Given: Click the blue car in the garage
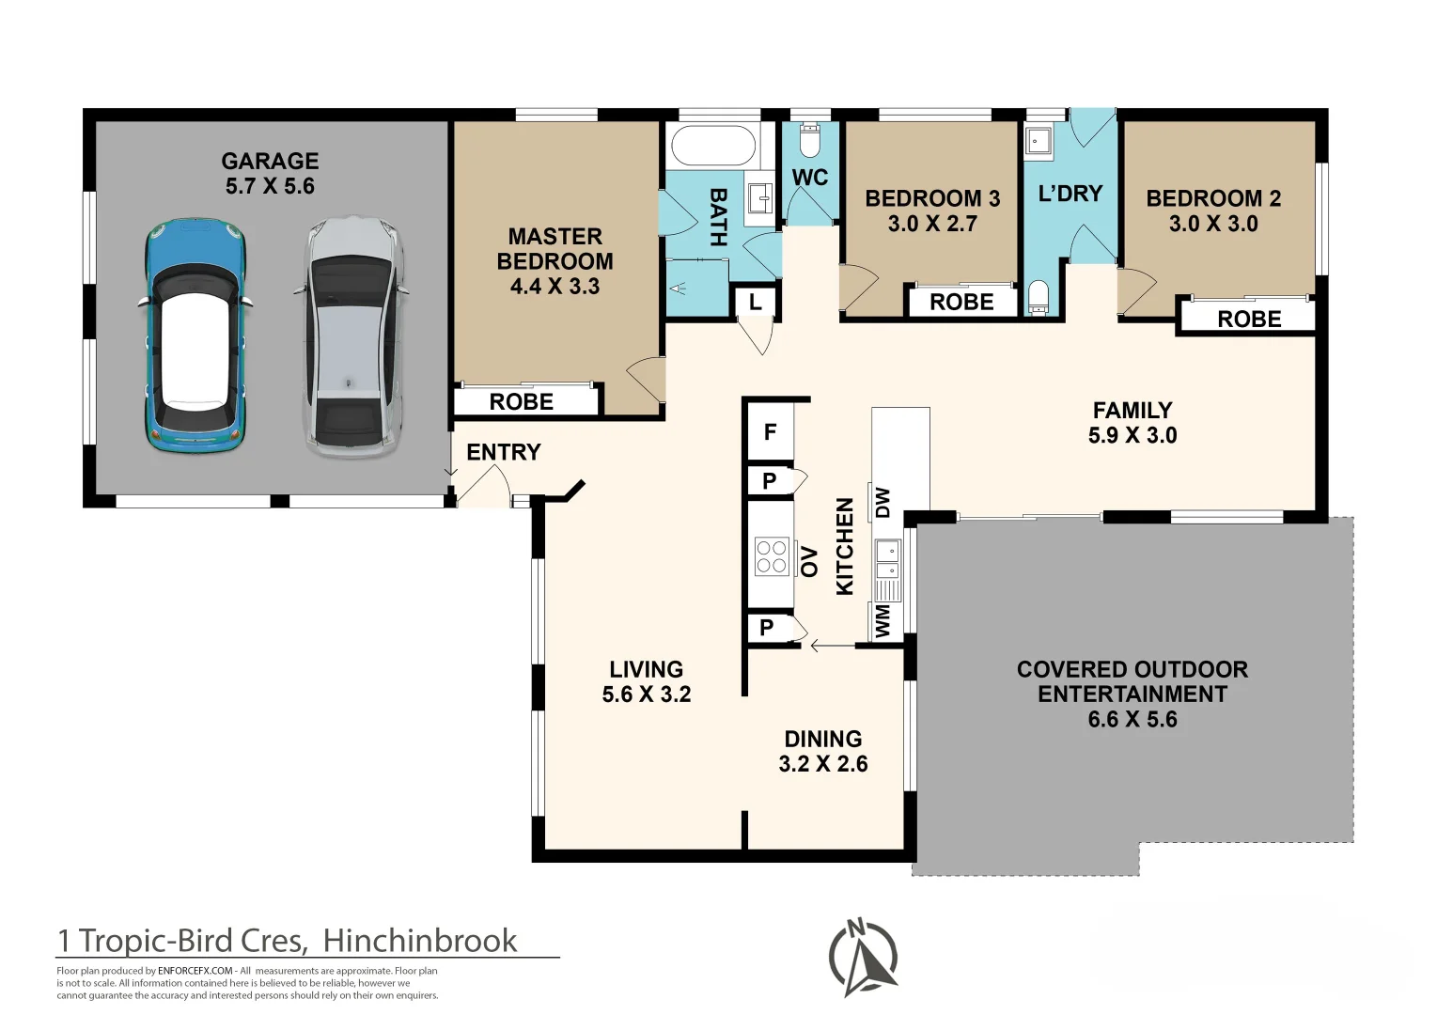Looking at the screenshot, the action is point(194,336).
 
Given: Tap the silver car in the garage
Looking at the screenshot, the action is point(351,336).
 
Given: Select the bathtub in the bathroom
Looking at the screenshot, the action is point(713,145).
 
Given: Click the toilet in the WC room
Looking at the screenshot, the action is point(810,141).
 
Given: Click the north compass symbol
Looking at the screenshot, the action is point(863,958).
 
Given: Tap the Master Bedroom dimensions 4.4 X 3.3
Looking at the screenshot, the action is point(554,286).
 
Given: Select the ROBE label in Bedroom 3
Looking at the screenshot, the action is point(961,303).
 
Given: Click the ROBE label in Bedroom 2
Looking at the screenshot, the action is point(1249,320).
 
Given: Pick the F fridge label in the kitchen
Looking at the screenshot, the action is point(770,432).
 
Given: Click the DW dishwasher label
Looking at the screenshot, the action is point(883,503).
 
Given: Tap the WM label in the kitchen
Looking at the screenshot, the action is point(883,621).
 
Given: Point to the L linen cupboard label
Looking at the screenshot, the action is point(756,302).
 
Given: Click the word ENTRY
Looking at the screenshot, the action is point(504,452).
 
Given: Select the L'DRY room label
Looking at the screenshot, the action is point(1070,193).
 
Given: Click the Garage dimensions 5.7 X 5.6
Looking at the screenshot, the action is point(270,186).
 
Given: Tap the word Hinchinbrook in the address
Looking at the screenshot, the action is point(419,941).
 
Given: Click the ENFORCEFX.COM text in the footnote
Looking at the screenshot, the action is point(195,971).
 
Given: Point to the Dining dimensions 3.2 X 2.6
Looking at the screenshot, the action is point(823,764).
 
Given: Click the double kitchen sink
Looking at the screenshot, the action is point(888,560).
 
